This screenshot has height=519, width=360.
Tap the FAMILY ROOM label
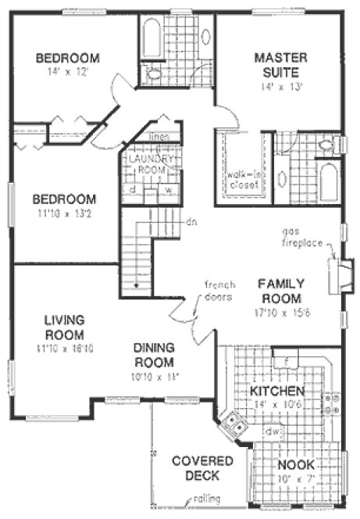281,291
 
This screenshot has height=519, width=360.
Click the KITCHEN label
276,390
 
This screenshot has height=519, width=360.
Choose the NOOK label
294,464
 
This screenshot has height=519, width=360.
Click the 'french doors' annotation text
219,291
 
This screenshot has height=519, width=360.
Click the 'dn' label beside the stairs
190,220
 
